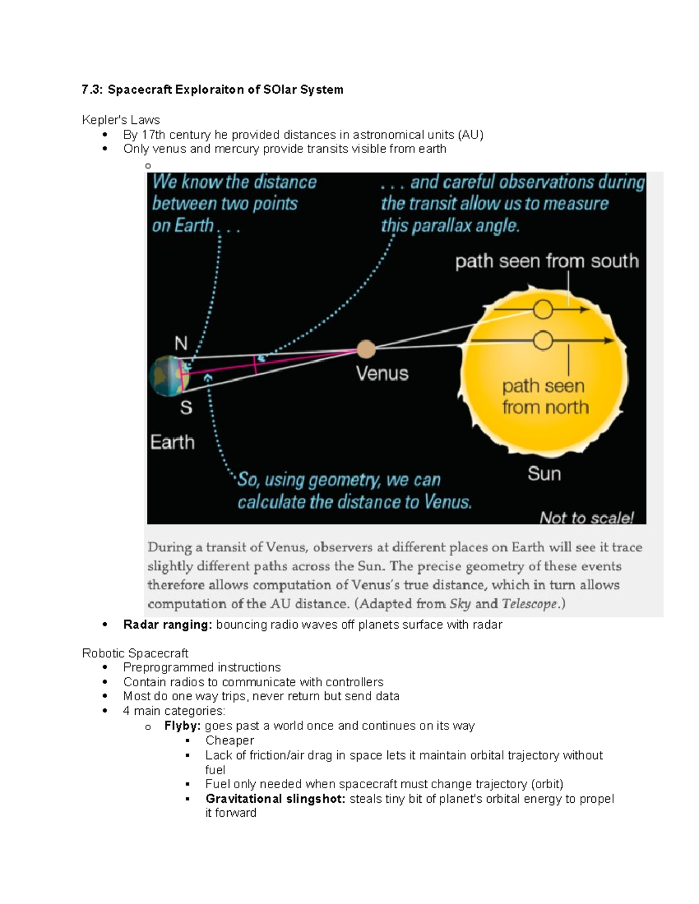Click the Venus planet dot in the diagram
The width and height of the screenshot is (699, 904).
(x=366, y=349)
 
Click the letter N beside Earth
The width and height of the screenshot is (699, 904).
(x=181, y=343)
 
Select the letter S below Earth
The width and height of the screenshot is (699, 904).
(x=186, y=407)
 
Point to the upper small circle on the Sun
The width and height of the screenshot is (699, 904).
(x=543, y=310)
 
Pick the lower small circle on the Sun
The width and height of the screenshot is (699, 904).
(x=543, y=341)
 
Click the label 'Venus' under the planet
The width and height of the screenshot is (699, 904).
(x=382, y=373)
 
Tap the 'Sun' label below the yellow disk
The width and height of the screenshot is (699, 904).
(x=544, y=473)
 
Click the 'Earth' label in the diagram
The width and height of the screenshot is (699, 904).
(x=172, y=442)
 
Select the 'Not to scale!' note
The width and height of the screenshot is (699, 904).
(x=586, y=517)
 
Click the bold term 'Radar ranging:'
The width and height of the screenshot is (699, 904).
(x=168, y=625)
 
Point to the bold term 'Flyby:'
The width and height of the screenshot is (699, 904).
(x=182, y=726)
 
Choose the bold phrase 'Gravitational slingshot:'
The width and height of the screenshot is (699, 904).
(x=276, y=799)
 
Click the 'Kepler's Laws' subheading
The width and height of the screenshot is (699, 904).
(x=121, y=120)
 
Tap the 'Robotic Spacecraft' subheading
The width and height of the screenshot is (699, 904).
(x=135, y=653)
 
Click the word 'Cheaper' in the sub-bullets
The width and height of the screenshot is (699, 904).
(x=230, y=740)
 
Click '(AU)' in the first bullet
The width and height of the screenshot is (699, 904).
(x=471, y=135)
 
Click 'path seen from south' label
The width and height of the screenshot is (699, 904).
(x=546, y=261)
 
